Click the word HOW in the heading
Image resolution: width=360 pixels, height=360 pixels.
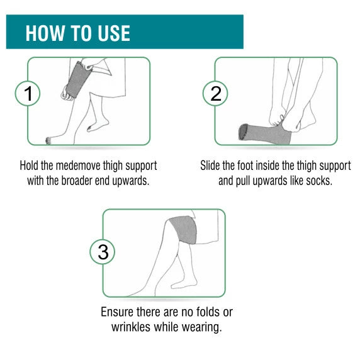45,33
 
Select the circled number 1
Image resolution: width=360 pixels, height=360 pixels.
28,93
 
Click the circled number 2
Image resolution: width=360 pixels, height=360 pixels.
215,93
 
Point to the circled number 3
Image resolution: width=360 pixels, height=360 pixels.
103,252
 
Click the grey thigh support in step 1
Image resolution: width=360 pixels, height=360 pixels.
78,79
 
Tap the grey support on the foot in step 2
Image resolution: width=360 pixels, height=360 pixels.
264,134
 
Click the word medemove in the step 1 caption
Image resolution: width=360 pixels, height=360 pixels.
78,166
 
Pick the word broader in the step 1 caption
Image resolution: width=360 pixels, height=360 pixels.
76,181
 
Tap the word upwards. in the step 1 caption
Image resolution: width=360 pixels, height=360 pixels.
131,181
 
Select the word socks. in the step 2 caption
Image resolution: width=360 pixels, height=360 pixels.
319,181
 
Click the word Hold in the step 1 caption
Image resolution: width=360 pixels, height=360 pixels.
29,166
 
